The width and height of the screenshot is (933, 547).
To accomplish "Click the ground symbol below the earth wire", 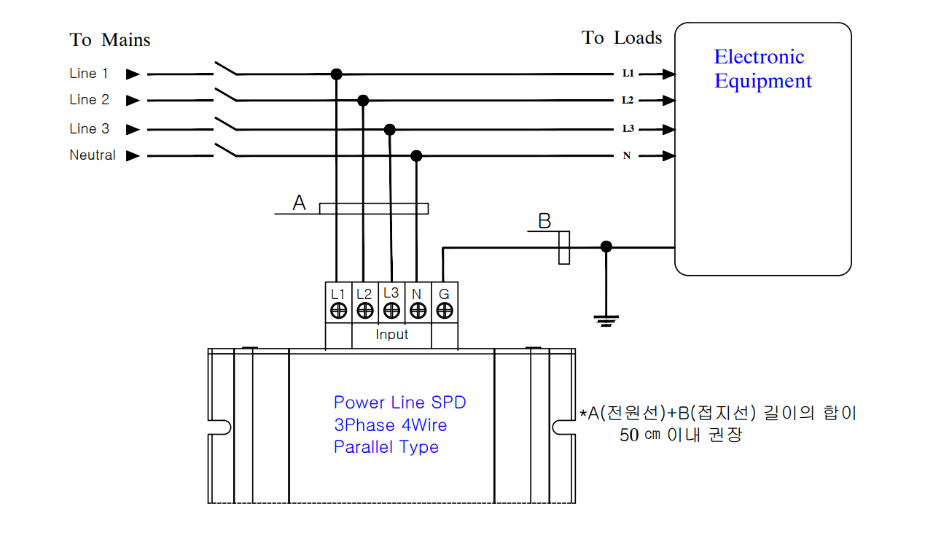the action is [x=606, y=321].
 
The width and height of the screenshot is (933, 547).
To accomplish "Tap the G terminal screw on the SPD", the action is [x=445, y=311].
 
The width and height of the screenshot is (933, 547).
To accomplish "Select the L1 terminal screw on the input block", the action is [x=338, y=311].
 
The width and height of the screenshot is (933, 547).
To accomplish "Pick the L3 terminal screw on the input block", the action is [x=391, y=311].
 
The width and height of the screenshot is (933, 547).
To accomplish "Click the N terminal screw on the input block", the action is [x=418, y=311].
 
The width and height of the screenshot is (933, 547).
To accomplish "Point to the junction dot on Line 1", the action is [x=336, y=74].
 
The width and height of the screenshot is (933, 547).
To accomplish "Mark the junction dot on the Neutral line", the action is [x=416, y=156].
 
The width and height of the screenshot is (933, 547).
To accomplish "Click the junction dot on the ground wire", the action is [x=606, y=247].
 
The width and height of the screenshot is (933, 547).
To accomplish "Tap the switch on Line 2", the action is [x=226, y=95].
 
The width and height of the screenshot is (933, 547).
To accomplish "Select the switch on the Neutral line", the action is [x=226, y=150].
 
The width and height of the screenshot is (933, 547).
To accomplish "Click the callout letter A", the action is [x=299, y=203].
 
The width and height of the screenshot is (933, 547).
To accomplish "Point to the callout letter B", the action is [x=544, y=221].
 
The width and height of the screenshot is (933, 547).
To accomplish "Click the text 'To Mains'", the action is [x=110, y=40].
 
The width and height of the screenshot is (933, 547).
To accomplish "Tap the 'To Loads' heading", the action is [x=622, y=37].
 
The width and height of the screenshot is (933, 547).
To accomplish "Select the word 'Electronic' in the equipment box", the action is [x=759, y=57].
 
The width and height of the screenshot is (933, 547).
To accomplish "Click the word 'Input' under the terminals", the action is [x=391, y=334].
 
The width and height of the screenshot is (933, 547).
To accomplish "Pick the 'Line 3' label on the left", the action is [x=89, y=128].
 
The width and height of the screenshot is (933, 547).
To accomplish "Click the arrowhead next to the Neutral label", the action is [x=133, y=156].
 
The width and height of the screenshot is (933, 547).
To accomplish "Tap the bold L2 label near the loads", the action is [x=628, y=100].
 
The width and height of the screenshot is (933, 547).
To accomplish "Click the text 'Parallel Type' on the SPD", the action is [x=386, y=447].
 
